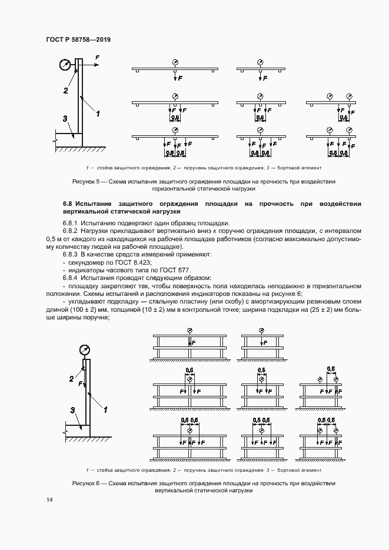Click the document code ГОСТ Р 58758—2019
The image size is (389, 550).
coord(78,39)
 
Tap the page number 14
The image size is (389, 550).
coord(49,499)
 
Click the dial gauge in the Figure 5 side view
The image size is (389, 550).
coord(65,65)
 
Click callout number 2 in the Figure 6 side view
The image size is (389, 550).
coord(72,378)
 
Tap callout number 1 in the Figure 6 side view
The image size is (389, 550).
coord(105,408)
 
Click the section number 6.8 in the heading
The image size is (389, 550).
coord(68,203)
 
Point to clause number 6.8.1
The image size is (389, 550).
coord(71,224)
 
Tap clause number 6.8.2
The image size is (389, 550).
coord(71,232)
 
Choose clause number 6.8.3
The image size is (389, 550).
coord(71,255)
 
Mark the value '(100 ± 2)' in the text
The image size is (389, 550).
coord(74,309)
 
